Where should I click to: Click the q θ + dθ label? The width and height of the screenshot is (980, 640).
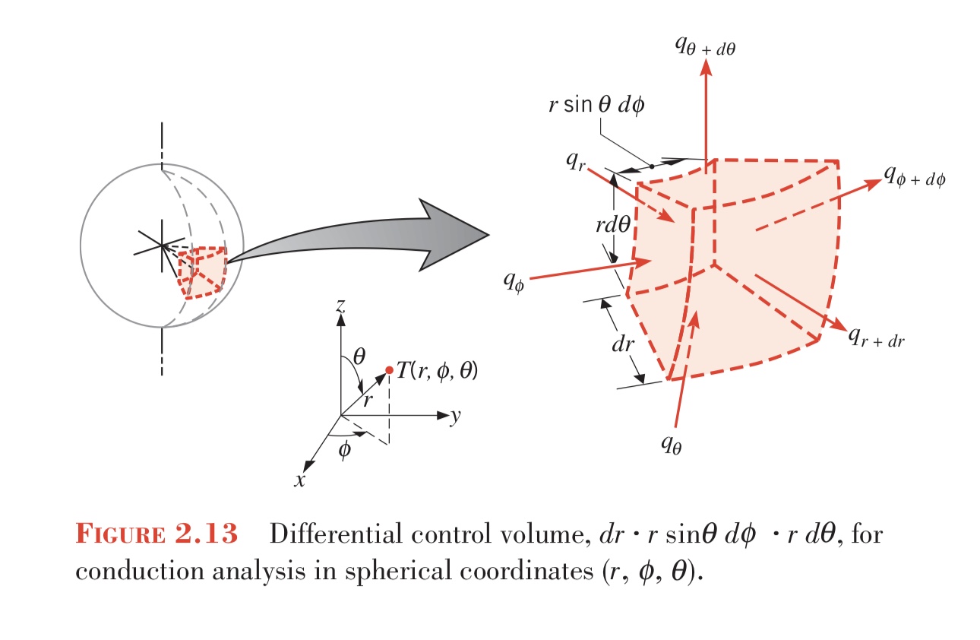[705, 46]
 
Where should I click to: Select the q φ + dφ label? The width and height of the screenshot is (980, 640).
[915, 176]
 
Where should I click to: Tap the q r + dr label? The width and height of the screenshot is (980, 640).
[877, 338]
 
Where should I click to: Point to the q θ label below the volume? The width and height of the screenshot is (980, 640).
[671, 445]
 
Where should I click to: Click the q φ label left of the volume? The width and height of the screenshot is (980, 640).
[514, 282]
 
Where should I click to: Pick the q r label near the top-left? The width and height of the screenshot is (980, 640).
[575, 162]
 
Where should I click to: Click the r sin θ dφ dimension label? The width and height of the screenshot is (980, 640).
[597, 106]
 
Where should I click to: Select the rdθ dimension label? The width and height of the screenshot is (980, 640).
[613, 225]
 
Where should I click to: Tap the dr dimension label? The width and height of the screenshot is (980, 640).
[623, 344]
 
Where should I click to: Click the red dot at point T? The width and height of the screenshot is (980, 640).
[390, 370]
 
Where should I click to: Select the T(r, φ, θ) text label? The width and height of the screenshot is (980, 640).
[437, 371]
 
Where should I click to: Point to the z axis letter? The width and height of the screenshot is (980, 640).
[341, 305]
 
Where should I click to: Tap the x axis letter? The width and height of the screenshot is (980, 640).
[299, 480]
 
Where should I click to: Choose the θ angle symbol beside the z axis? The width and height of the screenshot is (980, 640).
[359, 356]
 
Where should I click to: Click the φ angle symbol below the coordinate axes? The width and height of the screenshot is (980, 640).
[345, 449]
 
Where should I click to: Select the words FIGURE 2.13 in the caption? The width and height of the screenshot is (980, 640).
[156, 534]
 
